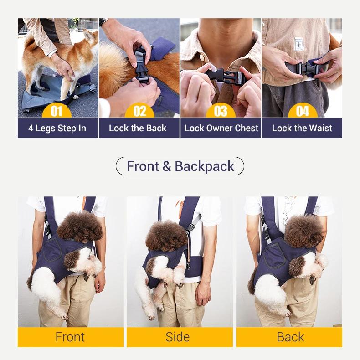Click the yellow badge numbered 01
(57, 111)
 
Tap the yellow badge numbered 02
(139, 111)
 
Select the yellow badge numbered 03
(221, 111)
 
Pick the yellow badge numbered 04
(302, 111)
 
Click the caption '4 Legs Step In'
(57, 128)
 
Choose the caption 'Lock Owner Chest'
(221, 128)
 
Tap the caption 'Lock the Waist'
(302, 128)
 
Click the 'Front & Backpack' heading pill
(180, 166)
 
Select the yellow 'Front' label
(70, 337)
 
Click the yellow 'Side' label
(178, 337)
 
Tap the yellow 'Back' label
(290, 337)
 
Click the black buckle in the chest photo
(223, 76)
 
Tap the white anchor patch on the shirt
(299, 44)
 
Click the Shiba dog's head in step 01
(89, 38)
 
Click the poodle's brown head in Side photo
(166, 235)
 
